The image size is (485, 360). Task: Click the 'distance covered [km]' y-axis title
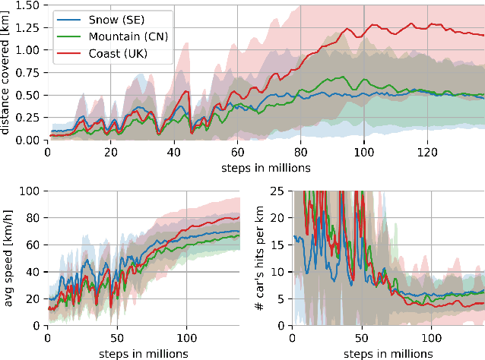(7, 71)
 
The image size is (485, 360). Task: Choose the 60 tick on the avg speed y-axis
(33, 245)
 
